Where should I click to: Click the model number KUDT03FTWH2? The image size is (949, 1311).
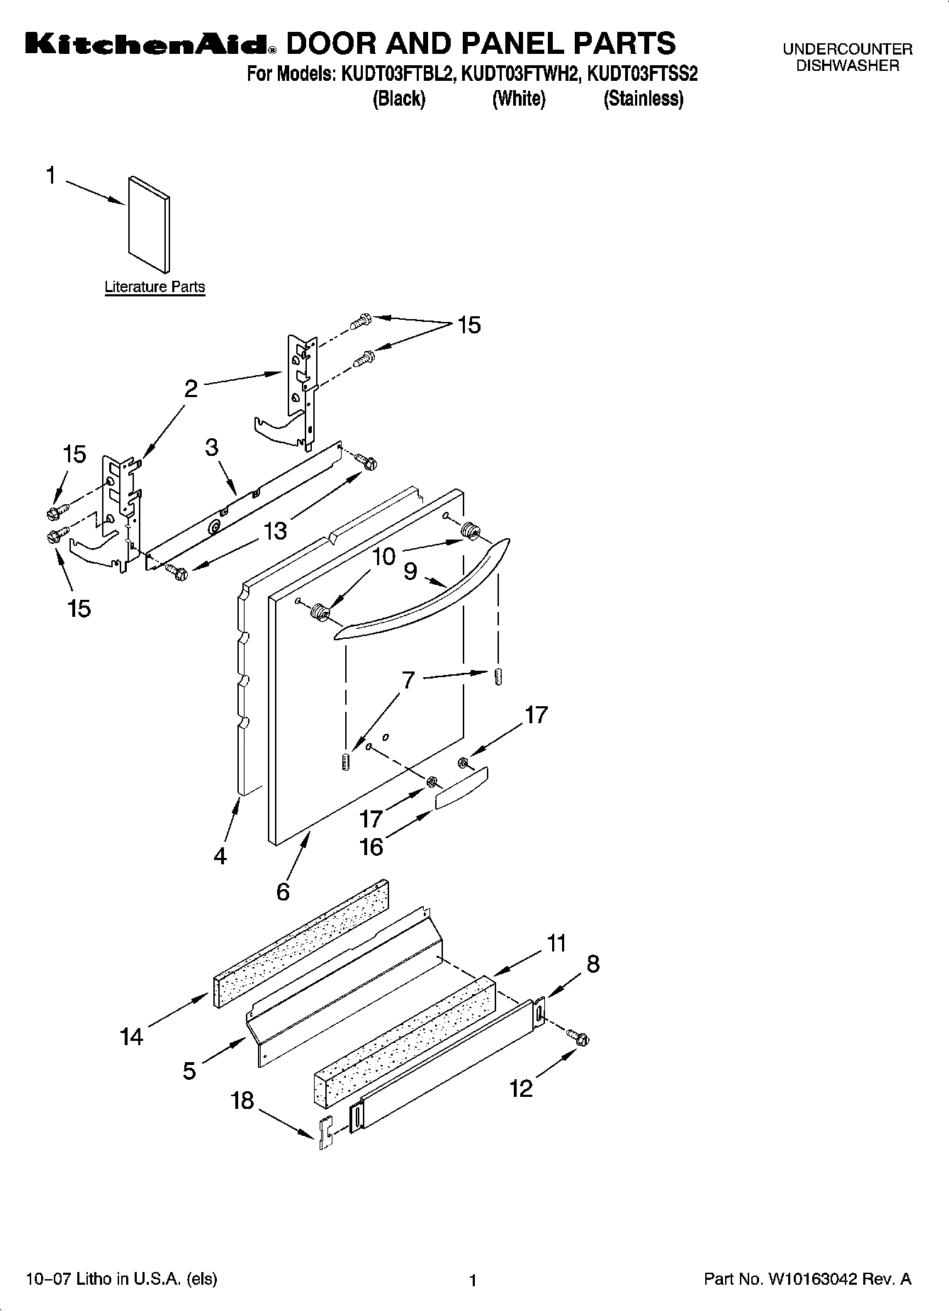coord(520,74)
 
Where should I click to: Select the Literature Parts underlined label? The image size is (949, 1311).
coord(155,287)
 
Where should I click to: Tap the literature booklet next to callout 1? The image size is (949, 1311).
coord(149,223)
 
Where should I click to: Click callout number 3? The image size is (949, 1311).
coord(211,447)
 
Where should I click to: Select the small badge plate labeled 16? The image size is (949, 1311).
coord(461,787)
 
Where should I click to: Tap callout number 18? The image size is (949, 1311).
coord(242,1100)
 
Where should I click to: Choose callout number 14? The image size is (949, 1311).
coord(131,1037)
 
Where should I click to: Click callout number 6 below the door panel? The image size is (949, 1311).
coord(283,891)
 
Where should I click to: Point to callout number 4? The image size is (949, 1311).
coord(220,856)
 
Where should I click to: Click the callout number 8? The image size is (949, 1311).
coord(593,964)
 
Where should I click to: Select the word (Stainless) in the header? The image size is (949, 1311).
coord(643,99)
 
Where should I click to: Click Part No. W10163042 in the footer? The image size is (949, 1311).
coord(807,1280)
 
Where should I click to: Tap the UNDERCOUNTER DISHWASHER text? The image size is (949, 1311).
coord(847,57)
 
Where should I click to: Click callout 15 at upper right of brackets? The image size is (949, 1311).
coord(468,325)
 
